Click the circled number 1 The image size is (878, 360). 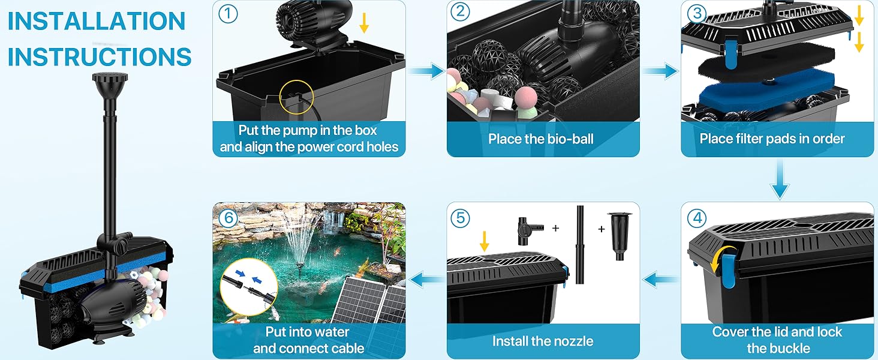tap(227, 13)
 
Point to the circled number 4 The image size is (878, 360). tap(696, 218)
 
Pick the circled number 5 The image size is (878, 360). tap(461, 218)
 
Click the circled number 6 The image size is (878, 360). tap(227, 218)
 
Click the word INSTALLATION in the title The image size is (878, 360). tap(97, 22)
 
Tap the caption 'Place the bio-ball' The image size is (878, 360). tap(540, 139)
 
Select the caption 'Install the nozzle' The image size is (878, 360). tap(543, 341)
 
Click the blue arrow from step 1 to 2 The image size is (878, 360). tap(426, 71)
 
